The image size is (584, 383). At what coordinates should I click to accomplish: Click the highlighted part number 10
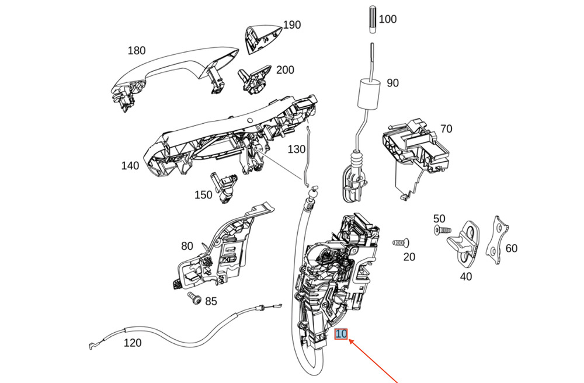click(341, 335)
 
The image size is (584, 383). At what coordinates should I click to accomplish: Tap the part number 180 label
click(137, 51)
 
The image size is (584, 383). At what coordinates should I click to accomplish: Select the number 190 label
click(292, 25)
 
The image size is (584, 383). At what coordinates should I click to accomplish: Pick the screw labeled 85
click(195, 300)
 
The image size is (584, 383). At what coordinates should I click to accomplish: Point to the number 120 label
click(133, 343)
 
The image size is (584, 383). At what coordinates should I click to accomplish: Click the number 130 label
click(296, 149)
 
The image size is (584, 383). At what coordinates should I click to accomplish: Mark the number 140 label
click(130, 166)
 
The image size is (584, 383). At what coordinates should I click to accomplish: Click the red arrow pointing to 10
click(374, 362)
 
